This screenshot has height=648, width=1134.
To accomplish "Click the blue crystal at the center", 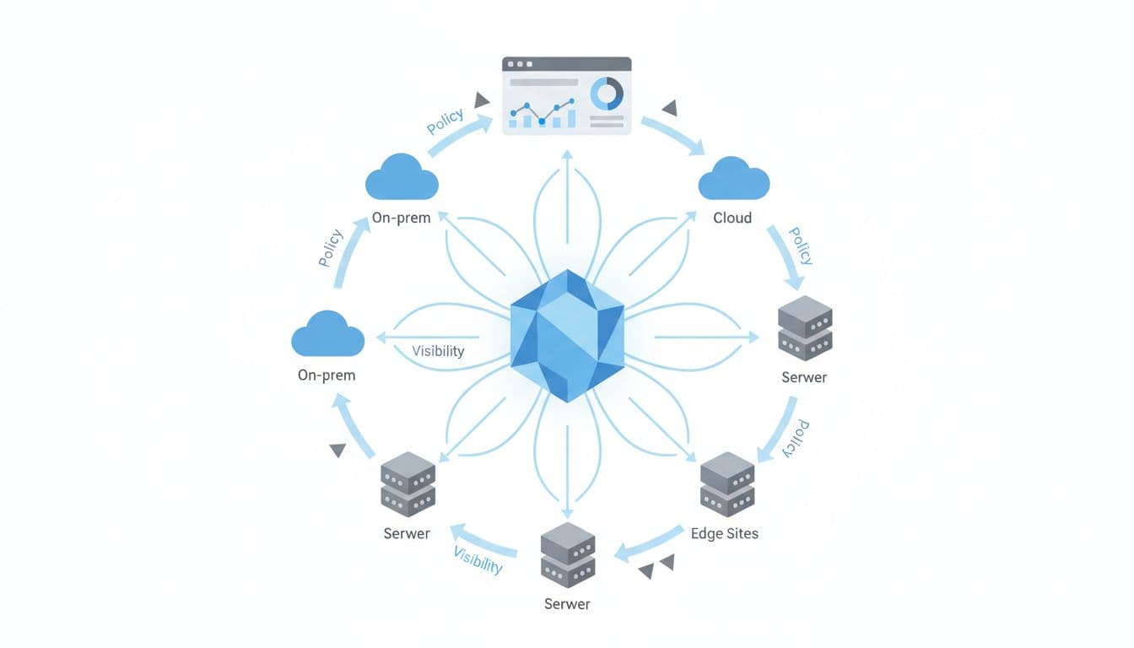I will (x=567, y=336).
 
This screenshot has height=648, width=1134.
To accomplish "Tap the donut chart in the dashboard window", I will (x=606, y=94).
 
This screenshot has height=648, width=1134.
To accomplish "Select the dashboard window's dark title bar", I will (x=567, y=64).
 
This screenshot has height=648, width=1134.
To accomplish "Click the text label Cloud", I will (x=732, y=218).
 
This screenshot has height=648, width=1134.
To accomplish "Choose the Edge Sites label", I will (x=724, y=533).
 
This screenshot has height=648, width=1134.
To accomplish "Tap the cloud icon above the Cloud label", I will (x=734, y=180).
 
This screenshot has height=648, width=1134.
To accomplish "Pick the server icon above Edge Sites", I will (x=727, y=484).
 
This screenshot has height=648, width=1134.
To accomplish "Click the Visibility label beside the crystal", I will (x=438, y=351).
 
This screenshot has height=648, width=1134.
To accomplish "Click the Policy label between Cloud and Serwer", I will (x=800, y=246).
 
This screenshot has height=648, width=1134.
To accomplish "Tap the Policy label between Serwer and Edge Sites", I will (x=795, y=438).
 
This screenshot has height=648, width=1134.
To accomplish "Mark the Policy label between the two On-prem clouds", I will (x=331, y=248).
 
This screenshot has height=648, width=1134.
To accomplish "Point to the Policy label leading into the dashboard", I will (x=445, y=121).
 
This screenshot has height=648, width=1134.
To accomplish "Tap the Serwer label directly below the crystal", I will (x=567, y=604).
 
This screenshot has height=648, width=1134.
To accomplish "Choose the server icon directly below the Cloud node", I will (x=804, y=328).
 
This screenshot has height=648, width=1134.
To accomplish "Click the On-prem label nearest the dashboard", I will (x=401, y=218).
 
